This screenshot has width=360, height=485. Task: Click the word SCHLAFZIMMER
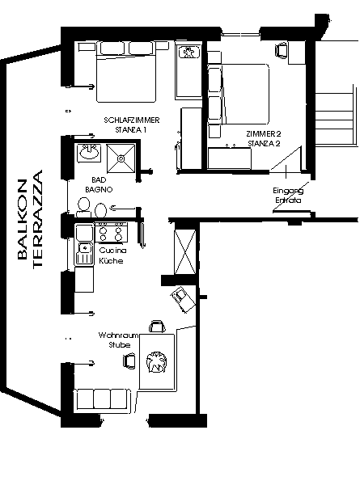(x=132, y=120)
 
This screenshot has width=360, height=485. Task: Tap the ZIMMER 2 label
(x=264, y=134)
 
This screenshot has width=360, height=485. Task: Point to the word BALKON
(x=23, y=219)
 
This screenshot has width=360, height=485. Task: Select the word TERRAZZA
(x=37, y=219)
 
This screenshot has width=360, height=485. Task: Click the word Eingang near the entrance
(x=288, y=191)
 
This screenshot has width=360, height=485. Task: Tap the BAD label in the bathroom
(x=99, y=179)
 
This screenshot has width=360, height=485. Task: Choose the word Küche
(x=111, y=261)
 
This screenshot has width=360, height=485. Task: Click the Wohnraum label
(x=118, y=335)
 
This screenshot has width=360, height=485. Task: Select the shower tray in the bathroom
(x=121, y=158)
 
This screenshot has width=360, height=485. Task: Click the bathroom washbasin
(x=89, y=152)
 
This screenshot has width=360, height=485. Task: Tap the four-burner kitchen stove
(x=111, y=232)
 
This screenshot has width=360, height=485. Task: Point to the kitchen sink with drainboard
(x=84, y=254)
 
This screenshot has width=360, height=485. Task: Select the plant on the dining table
(x=156, y=361)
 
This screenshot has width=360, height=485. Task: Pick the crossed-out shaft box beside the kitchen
(x=185, y=251)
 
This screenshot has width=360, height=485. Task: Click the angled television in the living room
(x=183, y=299)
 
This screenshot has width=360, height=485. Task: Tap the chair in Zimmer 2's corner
(x=282, y=50)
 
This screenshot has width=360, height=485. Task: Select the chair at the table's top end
(x=157, y=327)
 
